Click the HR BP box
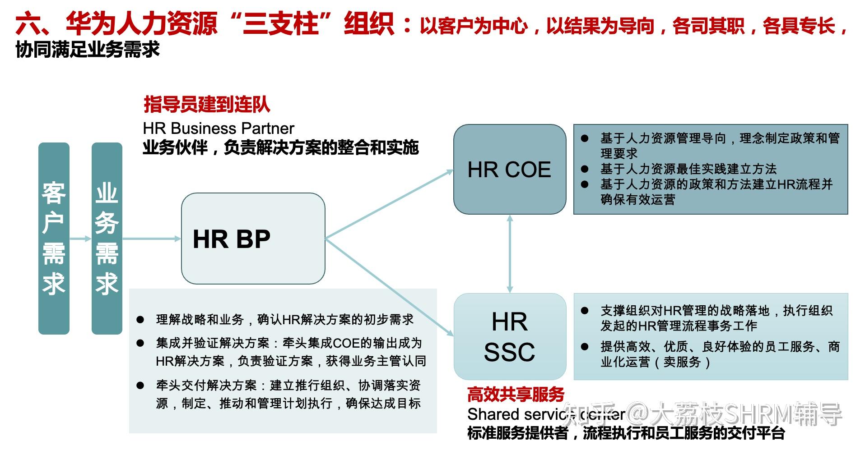pyautogui.click(x=253, y=239)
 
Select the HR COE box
pyautogui.click(x=509, y=169)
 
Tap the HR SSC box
pyautogui.click(x=509, y=336)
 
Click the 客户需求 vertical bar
pyautogui.click(x=54, y=239)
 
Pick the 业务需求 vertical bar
pyautogui.click(x=107, y=239)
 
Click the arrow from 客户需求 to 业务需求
pyautogui.click(x=81, y=239)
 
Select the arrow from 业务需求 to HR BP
pyautogui.click(x=152, y=239)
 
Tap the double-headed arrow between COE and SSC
pyautogui.click(x=510, y=253)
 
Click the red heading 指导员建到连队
pyautogui.click(x=207, y=105)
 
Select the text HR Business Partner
pyautogui.click(x=219, y=129)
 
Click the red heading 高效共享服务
pyautogui.click(x=516, y=395)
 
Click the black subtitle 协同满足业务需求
pyautogui.click(x=88, y=50)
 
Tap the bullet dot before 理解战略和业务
pyautogui.click(x=140, y=320)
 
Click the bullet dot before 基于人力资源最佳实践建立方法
pyautogui.click(x=585, y=169)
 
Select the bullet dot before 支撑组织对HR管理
pyautogui.click(x=585, y=311)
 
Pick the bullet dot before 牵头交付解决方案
pyautogui.click(x=140, y=386)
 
